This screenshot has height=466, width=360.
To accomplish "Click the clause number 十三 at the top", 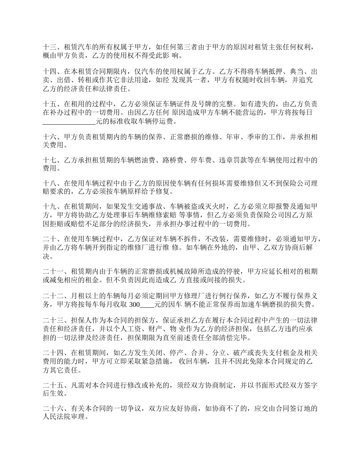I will (50, 48).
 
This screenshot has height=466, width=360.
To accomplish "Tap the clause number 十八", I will (50, 183).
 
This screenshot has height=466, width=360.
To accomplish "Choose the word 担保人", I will (77, 319).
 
